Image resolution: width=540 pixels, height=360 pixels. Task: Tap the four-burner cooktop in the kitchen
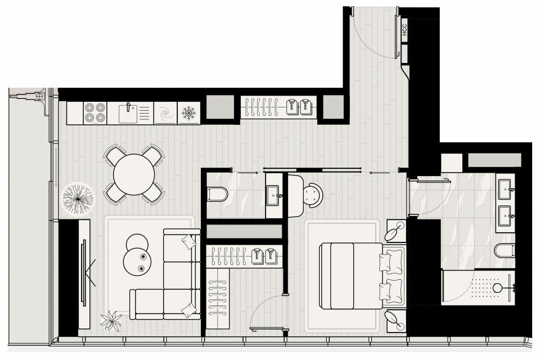[x=95, y=112]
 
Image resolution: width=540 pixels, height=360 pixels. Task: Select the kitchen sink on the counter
[x=129, y=113]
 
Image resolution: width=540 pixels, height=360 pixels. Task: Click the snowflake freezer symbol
[x=189, y=113]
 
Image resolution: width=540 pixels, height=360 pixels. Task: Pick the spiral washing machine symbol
[x=165, y=113]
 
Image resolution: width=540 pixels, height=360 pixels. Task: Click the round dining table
[x=134, y=174]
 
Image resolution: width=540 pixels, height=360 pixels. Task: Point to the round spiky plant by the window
[x=78, y=199]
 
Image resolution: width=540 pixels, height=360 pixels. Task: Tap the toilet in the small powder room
[x=217, y=194]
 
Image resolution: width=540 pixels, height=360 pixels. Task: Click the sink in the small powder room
[x=273, y=195]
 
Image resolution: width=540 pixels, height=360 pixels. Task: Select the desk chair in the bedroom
[x=313, y=195]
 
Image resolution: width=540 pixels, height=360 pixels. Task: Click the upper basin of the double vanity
[x=505, y=190]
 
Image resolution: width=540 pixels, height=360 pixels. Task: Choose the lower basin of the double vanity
[x=505, y=217]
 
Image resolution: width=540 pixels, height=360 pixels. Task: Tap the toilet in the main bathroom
[x=505, y=250]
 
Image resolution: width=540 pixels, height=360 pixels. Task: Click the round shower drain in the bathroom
[x=497, y=287]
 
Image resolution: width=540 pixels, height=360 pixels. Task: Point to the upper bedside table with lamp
[x=396, y=231]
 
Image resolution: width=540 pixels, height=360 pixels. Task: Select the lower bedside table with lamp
[x=396, y=321]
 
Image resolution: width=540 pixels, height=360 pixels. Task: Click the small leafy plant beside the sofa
[x=111, y=321]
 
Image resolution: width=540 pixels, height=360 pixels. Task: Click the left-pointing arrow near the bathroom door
[x=380, y=173]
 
